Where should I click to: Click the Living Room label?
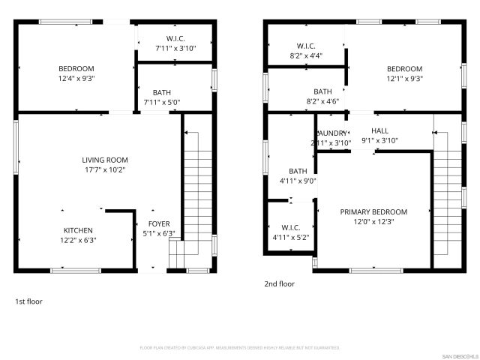(105, 160)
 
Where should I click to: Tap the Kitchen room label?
(78, 230)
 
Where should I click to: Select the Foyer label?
(159, 223)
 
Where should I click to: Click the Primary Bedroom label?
(373, 211)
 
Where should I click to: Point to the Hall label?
(379, 130)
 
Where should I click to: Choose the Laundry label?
(331, 133)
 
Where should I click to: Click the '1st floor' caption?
(29, 301)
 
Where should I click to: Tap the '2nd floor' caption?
(279, 284)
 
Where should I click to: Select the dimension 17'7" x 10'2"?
(105, 169)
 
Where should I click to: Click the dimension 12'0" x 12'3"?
(373, 221)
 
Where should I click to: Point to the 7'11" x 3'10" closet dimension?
(175, 48)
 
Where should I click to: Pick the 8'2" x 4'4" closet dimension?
(305, 55)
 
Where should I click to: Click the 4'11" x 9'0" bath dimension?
(298, 180)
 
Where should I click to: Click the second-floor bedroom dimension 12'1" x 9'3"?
(404, 78)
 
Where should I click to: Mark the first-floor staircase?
(197, 195)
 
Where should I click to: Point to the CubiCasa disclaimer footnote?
(240, 348)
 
